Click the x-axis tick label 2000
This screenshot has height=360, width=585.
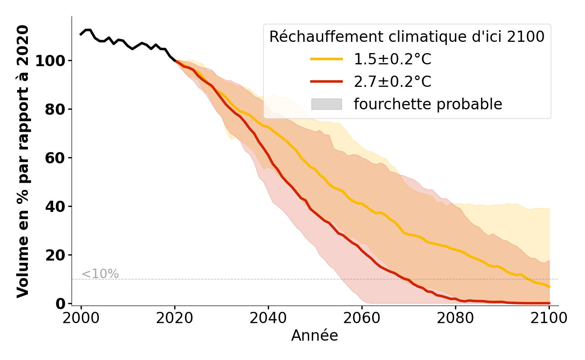(x=81, y=318)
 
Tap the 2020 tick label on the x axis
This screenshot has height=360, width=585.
(x=175, y=318)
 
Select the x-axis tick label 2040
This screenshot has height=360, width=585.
(x=268, y=318)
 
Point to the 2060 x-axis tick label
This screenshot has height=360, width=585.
(x=362, y=318)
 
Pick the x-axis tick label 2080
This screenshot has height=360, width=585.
(x=455, y=318)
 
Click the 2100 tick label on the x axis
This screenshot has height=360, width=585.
(x=549, y=318)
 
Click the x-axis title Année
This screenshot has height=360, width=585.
(x=315, y=336)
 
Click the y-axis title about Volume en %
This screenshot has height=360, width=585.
(x=22, y=161)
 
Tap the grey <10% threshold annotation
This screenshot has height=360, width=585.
(x=100, y=274)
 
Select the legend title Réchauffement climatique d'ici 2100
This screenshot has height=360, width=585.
(x=407, y=37)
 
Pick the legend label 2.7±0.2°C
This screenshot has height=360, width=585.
(x=392, y=82)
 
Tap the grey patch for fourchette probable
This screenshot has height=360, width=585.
(x=326, y=104)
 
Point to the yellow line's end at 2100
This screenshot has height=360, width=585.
(x=549, y=287)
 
